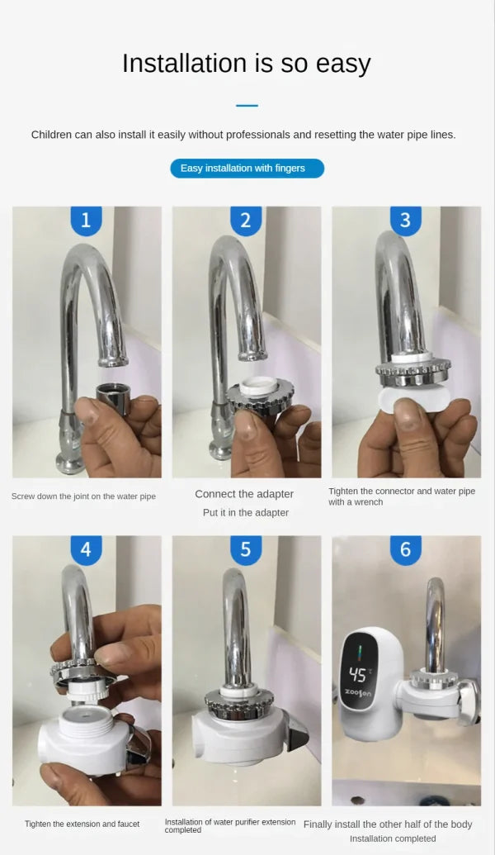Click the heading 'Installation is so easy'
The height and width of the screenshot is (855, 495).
pyautogui.click(x=247, y=64)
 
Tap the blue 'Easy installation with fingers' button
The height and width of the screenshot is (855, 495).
pyautogui.click(x=247, y=169)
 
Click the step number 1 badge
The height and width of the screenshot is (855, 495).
pyautogui.click(x=86, y=221)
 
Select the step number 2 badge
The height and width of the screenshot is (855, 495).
pyautogui.click(x=245, y=221)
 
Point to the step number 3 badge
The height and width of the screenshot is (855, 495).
pyautogui.click(x=405, y=221)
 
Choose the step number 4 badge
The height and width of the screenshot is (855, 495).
pyautogui.click(x=86, y=549)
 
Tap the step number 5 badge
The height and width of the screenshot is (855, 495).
pyautogui.click(x=245, y=549)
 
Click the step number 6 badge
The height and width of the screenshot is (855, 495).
pyautogui.click(x=405, y=549)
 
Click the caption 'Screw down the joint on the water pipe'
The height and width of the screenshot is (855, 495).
pyautogui.click(x=83, y=496)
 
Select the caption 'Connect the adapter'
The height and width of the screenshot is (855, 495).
pyautogui.click(x=244, y=494)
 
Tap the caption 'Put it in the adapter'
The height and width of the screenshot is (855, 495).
pyautogui.click(x=246, y=513)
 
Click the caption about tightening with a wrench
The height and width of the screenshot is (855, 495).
pyautogui.click(x=402, y=496)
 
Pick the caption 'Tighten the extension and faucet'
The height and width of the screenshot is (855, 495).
pyautogui.click(x=82, y=824)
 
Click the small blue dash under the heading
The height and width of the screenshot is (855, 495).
pyautogui.click(x=247, y=106)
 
